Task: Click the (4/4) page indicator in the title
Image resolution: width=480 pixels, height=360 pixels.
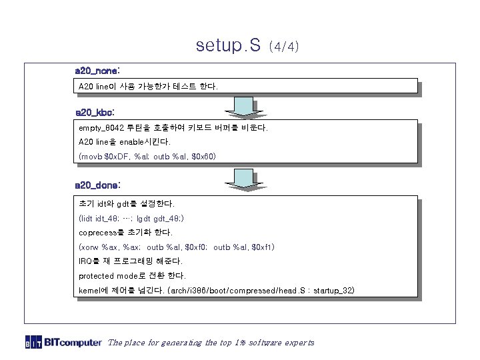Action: tap(284, 47)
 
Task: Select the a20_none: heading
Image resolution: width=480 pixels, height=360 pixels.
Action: tap(97, 70)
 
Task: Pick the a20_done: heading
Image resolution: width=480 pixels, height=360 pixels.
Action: tap(97, 183)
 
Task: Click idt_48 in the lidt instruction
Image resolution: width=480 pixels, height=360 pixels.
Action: tap(107, 218)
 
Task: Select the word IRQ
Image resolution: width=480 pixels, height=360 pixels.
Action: tap(85, 261)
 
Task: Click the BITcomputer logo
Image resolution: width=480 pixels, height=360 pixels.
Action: tap(64, 343)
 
